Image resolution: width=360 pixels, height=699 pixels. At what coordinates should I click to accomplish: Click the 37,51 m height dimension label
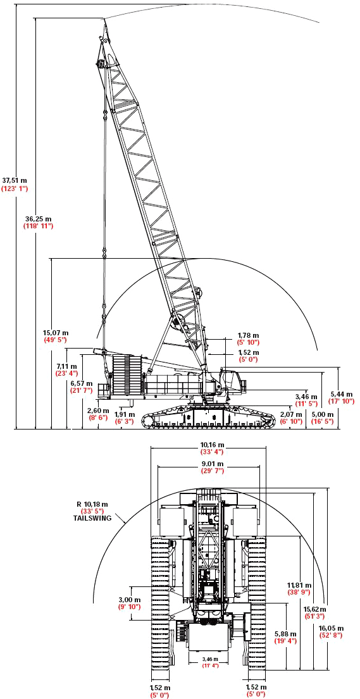pyautogui.click(x=15, y=180)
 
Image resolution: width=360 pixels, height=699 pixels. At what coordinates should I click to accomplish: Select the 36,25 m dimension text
pyautogui.click(x=38, y=219)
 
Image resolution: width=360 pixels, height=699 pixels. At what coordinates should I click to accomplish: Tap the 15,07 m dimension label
pyautogui.click(x=55, y=333)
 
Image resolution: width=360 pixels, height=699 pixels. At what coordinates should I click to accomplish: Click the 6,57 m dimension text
pyautogui.click(x=81, y=383)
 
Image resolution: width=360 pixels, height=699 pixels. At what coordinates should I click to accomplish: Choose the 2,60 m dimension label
pyautogui.click(x=98, y=411)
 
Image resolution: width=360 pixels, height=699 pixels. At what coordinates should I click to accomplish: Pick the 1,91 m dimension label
pyautogui.click(x=124, y=414)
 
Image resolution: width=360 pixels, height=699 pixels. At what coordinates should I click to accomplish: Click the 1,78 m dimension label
pyautogui.click(x=249, y=335)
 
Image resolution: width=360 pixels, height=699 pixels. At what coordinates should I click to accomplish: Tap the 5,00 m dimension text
pyautogui.click(x=323, y=414)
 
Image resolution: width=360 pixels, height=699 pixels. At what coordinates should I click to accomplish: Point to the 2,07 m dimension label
pyautogui.click(x=291, y=414)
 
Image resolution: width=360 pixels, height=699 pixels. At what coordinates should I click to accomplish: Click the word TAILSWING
pyautogui.click(x=92, y=519)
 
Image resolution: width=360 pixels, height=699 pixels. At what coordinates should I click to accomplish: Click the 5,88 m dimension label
pyautogui.click(x=285, y=634)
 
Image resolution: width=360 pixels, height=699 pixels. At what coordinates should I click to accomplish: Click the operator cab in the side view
pyautogui.click(x=232, y=379)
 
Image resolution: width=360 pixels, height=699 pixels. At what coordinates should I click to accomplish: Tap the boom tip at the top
pyautogui.click(x=105, y=19)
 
